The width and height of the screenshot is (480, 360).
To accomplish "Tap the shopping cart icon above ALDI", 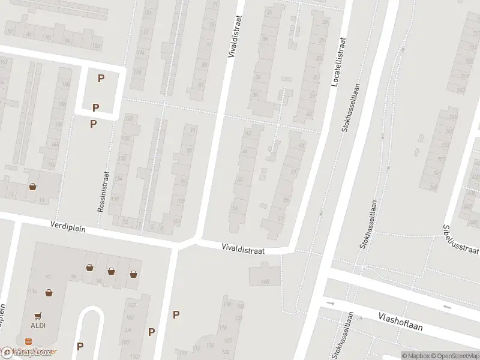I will coord(38,314).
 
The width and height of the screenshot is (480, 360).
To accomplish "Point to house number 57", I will coord(281,219).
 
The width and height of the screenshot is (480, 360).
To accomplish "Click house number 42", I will coord(248,132).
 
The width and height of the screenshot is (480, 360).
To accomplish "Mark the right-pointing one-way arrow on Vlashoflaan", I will coord(330,303).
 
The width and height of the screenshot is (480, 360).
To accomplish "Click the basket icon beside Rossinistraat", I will coord(32,187).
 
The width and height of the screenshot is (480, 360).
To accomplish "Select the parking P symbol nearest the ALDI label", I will coord(80,346).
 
